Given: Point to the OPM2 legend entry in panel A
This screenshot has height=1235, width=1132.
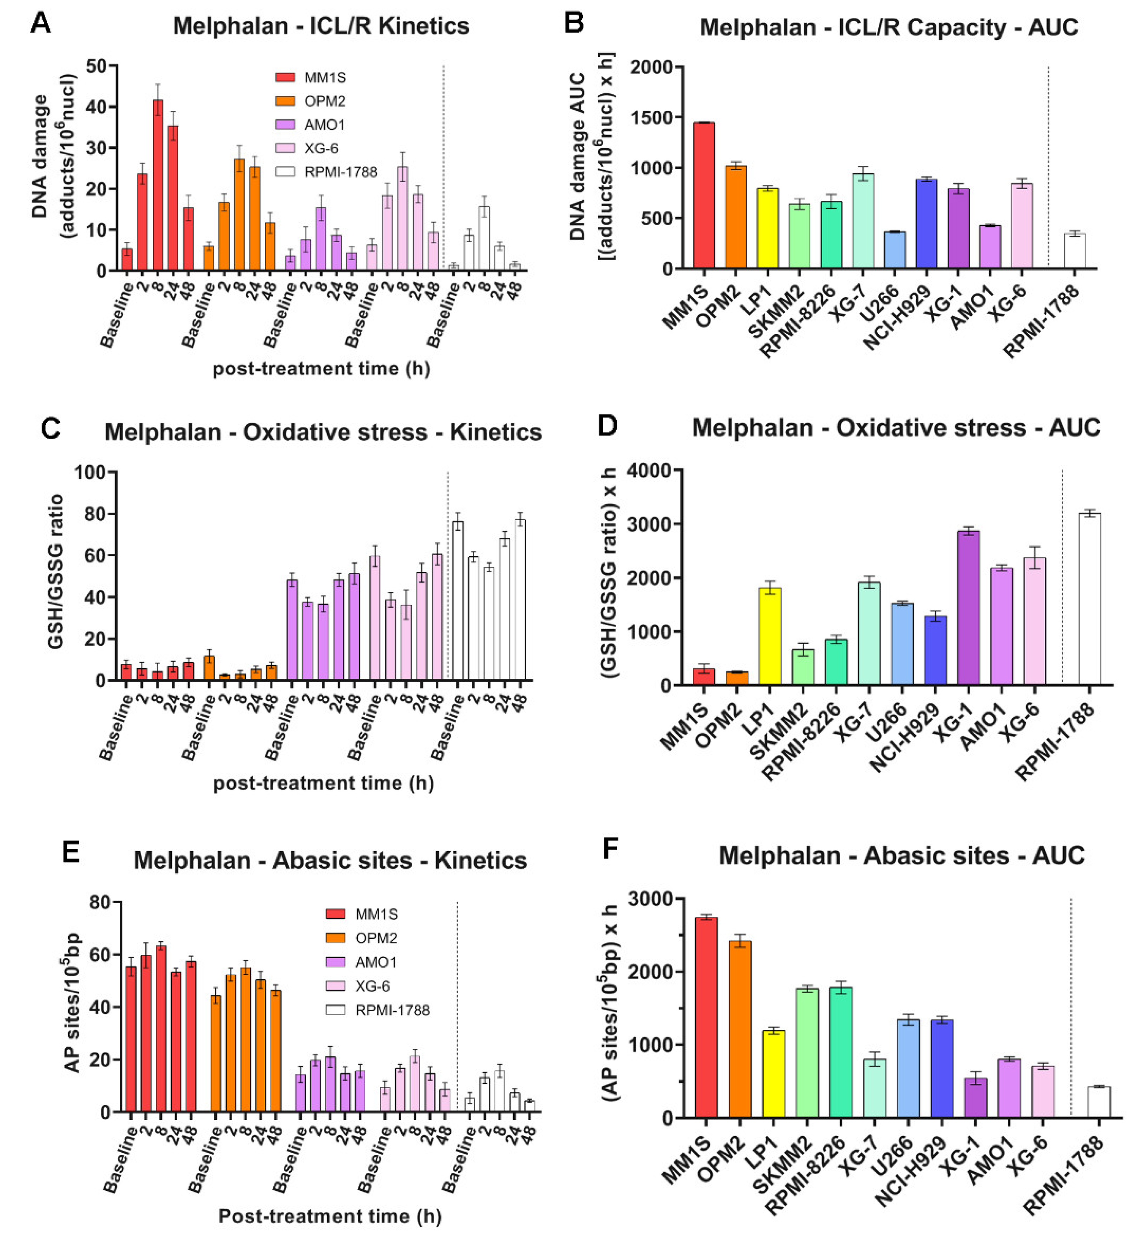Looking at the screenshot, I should [x=312, y=101].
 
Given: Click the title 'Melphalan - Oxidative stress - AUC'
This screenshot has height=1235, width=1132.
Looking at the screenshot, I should [x=896, y=428].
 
